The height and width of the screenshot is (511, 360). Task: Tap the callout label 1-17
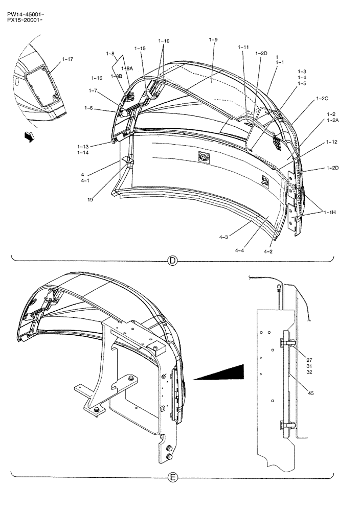click(67, 59)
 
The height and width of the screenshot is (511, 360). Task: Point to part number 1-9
click(213, 39)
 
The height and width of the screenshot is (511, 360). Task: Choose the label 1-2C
click(322, 98)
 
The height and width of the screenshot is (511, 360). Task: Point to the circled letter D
click(172, 261)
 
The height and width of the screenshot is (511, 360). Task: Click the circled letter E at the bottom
click(172, 478)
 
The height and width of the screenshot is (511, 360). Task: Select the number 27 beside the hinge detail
click(310, 360)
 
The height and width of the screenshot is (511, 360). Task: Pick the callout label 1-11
click(243, 47)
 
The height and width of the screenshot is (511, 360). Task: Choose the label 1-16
click(97, 78)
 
